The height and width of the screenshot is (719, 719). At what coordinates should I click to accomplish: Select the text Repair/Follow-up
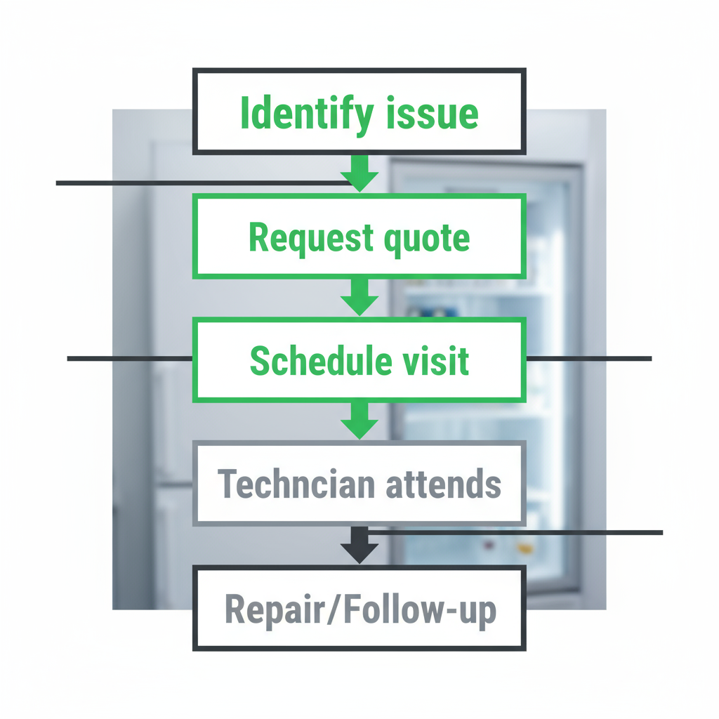pyautogui.click(x=359, y=609)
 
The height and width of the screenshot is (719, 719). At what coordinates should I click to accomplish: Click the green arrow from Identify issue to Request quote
pyautogui.click(x=359, y=175)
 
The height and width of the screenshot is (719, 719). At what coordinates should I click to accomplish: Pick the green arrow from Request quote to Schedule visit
pyautogui.click(x=359, y=297)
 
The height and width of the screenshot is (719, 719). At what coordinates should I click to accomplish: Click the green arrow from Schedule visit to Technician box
pyautogui.click(x=359, y=421)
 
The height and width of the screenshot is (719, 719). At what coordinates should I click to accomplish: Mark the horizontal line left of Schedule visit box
pyautogui.click(x=130, y=358)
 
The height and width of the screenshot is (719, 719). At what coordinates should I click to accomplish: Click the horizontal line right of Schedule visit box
pyautogui.click(x=588, y=358)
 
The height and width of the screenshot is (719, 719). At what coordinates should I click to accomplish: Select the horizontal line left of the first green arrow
pyautogui.click(x=200, y=183)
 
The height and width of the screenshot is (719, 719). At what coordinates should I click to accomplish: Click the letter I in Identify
pyautogui.click(x=244, y=113)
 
